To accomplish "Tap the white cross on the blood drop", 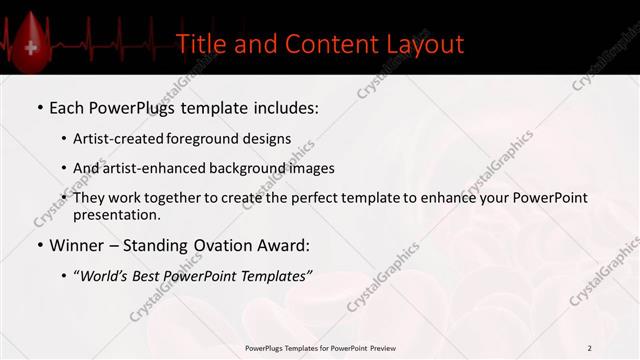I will (31, 48).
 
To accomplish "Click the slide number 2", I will (590, 348).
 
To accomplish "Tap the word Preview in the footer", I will (378, 348).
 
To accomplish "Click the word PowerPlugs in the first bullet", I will (140, 106).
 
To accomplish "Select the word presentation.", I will (117, 214).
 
